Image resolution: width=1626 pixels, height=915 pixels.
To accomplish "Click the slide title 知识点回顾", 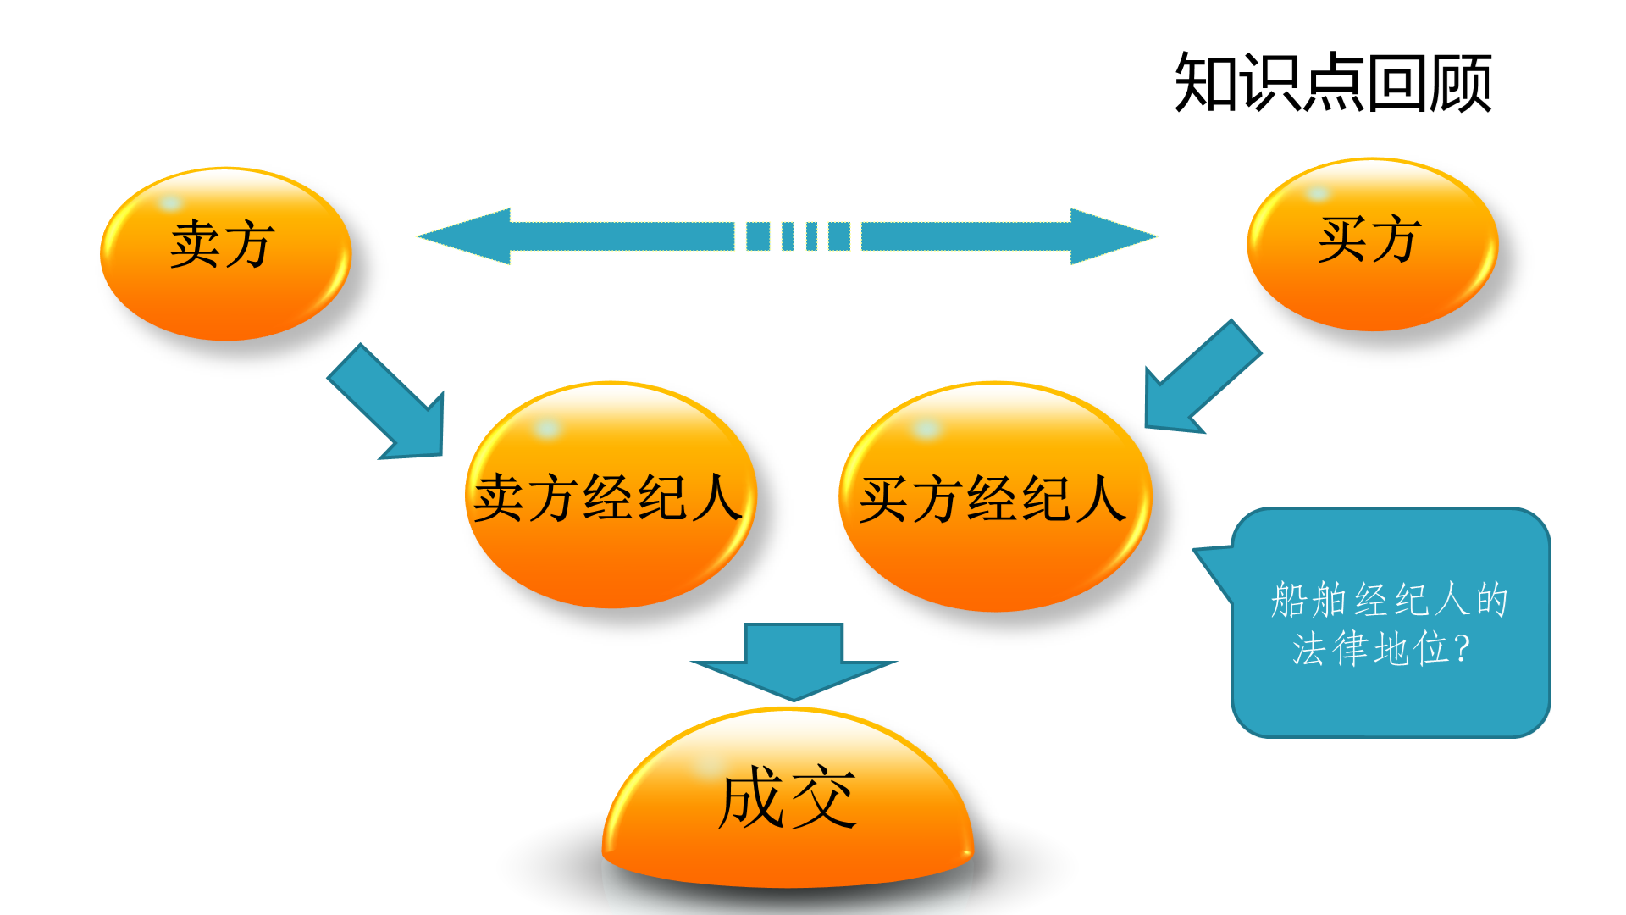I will tap(1332, 82).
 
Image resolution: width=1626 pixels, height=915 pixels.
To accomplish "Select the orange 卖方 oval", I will tap(225, 254).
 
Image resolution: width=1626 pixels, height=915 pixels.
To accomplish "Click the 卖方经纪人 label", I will tap(608, 497).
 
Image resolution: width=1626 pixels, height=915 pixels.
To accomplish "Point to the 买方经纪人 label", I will tap(993, 498).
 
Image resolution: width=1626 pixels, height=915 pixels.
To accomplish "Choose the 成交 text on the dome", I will tap(787, 797).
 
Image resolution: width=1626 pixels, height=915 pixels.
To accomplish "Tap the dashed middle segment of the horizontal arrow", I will tap(797, 236).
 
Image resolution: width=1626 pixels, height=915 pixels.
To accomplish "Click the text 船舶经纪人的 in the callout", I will tap(1389, 600).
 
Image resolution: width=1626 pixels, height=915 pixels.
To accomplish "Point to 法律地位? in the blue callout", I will tap(1380, 649).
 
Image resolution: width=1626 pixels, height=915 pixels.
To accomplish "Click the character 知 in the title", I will tap(1205, 82).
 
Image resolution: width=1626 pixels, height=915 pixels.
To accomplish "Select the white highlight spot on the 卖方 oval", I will tap(170, 203).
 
